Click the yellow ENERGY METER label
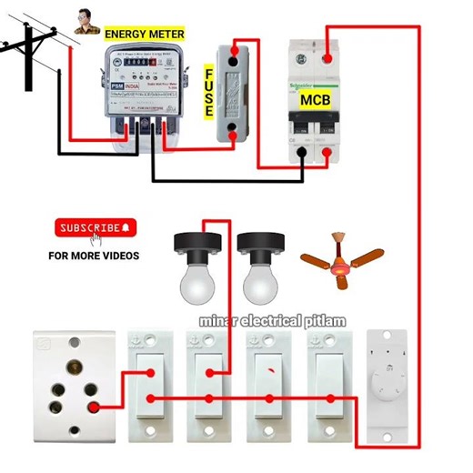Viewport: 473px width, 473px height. click(x=145, y=34)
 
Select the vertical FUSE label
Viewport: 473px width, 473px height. click(x=208, y=90)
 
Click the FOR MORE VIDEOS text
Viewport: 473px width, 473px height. click(x=95, y=256)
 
